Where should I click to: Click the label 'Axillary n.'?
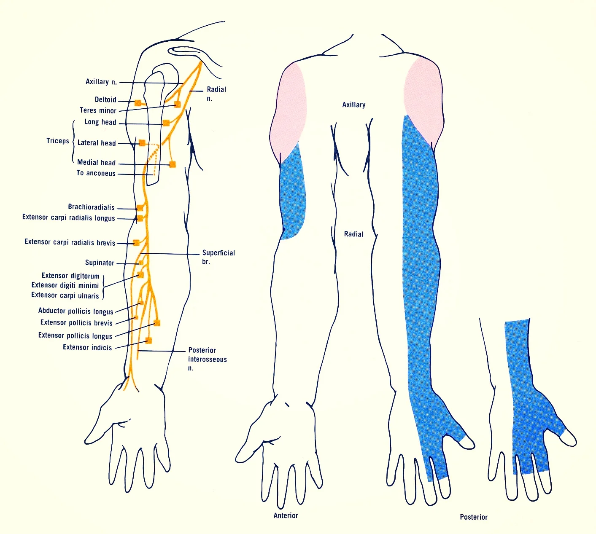click(x=101, y=82)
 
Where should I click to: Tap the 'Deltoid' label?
click(x=105, y=100)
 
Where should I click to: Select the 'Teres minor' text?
click(x=98, y=110)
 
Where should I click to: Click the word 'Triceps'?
click(x=58, y=141)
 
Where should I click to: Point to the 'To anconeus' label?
click(x=96, y=173)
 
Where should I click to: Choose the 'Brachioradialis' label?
click(x=91, y=207)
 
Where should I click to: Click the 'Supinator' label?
click(x=100, y=263)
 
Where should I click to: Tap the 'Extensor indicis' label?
click(x=87, y=347)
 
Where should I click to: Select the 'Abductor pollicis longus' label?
click(x=76, y=311)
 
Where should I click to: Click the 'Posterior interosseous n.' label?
click(x=207, y=359)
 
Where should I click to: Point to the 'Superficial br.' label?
click(x=218, y=257)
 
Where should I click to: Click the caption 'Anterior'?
click(x=286, y=515)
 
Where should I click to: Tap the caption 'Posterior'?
click(x=473, y=517)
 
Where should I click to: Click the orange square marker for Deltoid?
click(x=138, y=103)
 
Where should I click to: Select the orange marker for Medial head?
click(x=172, y=164)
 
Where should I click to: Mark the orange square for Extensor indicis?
click(x=148, y=341)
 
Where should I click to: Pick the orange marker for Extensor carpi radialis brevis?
click(x=136, y=243)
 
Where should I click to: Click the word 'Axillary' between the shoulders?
click(x=353, y=105)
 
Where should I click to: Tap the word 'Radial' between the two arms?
click(x=353, y=234)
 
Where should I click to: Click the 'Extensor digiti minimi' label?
click(x=65, y=285)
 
